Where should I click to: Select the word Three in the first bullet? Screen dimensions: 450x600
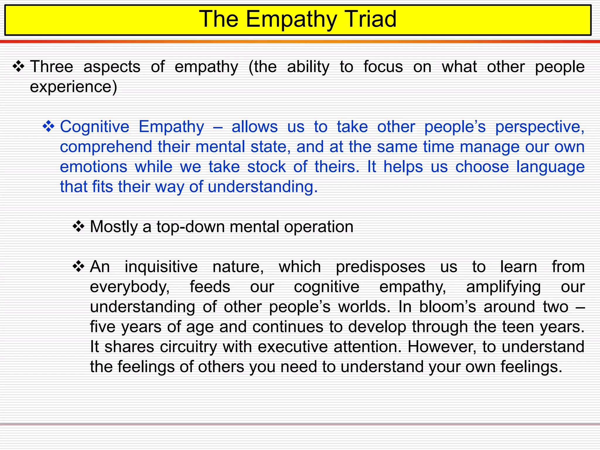pos(52,67)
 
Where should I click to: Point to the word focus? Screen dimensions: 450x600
pos(383,67)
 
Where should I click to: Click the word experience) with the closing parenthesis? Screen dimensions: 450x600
pos(74,87)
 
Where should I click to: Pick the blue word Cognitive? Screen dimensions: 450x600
pos(94,127)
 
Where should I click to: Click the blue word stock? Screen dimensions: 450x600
pos(266,167)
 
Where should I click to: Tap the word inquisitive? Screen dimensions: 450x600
pos(161,267)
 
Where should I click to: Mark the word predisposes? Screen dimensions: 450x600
pos(380,267)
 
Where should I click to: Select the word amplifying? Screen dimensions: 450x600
pos(503,287)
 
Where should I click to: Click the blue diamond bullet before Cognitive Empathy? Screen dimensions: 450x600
pos(48,127)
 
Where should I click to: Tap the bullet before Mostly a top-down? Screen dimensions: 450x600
pos(78,226)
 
